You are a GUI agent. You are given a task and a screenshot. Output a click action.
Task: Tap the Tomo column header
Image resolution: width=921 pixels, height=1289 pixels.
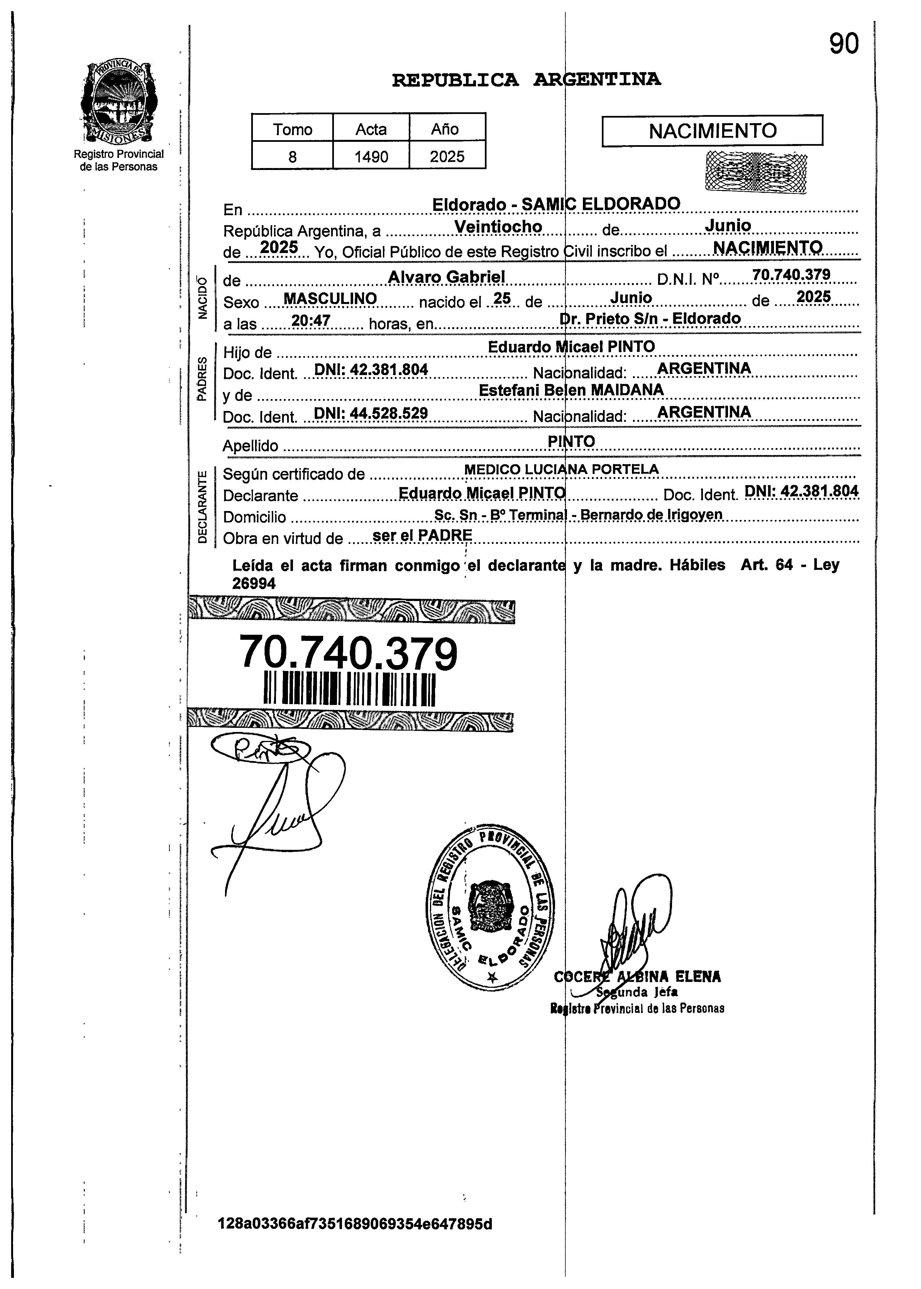click(293, 129)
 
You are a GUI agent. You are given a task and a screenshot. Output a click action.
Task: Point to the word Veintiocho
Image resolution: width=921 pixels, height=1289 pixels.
click(499, 226)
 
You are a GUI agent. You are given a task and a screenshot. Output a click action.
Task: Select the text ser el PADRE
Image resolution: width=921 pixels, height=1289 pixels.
click(422, 535)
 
